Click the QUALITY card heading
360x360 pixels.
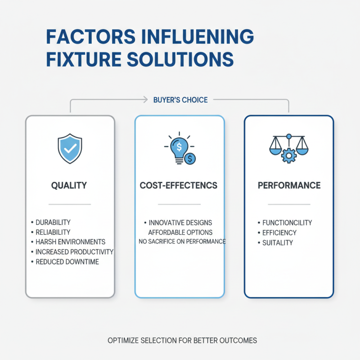tap(69, 185)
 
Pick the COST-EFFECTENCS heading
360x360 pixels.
tap(180, 185)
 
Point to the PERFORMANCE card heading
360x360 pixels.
tap(289, 185)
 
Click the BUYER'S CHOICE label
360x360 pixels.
tap(180, 99)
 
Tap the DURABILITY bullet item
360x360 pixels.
tap(53, 222)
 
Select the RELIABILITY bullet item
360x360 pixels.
tap(53, 232)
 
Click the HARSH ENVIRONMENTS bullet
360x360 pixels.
tap(70, 242)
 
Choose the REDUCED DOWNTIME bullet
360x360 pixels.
tap(67, 262)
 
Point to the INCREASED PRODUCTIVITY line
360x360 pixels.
tap(74, 252)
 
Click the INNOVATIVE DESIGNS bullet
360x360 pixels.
tap(180, 223)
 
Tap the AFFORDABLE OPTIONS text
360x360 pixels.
tap(180, 232)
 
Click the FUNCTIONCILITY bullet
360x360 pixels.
tap(287, 223)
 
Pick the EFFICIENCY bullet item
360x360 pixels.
tap(279, 233)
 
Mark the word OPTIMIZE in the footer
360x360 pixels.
tap(124, 340)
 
